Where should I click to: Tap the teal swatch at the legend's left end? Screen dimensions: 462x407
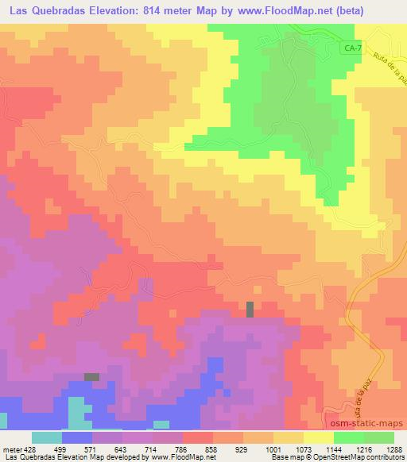pyautogui.click(x=46, y=437)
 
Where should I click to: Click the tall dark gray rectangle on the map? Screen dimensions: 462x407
pyautogui.click(x=250, y=309)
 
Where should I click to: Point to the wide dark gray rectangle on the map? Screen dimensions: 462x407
pyautogui.click(x=93, y=376)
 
